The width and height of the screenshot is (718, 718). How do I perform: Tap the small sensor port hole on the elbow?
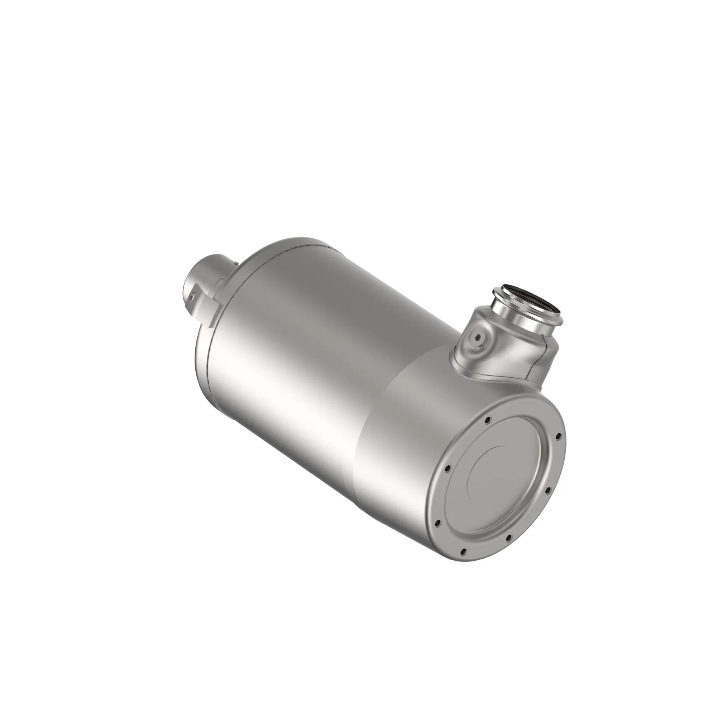pos(478,337)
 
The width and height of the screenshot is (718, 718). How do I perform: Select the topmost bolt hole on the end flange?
pos(488,420)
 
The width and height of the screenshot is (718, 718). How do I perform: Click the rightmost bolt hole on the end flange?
pos(557,437)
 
